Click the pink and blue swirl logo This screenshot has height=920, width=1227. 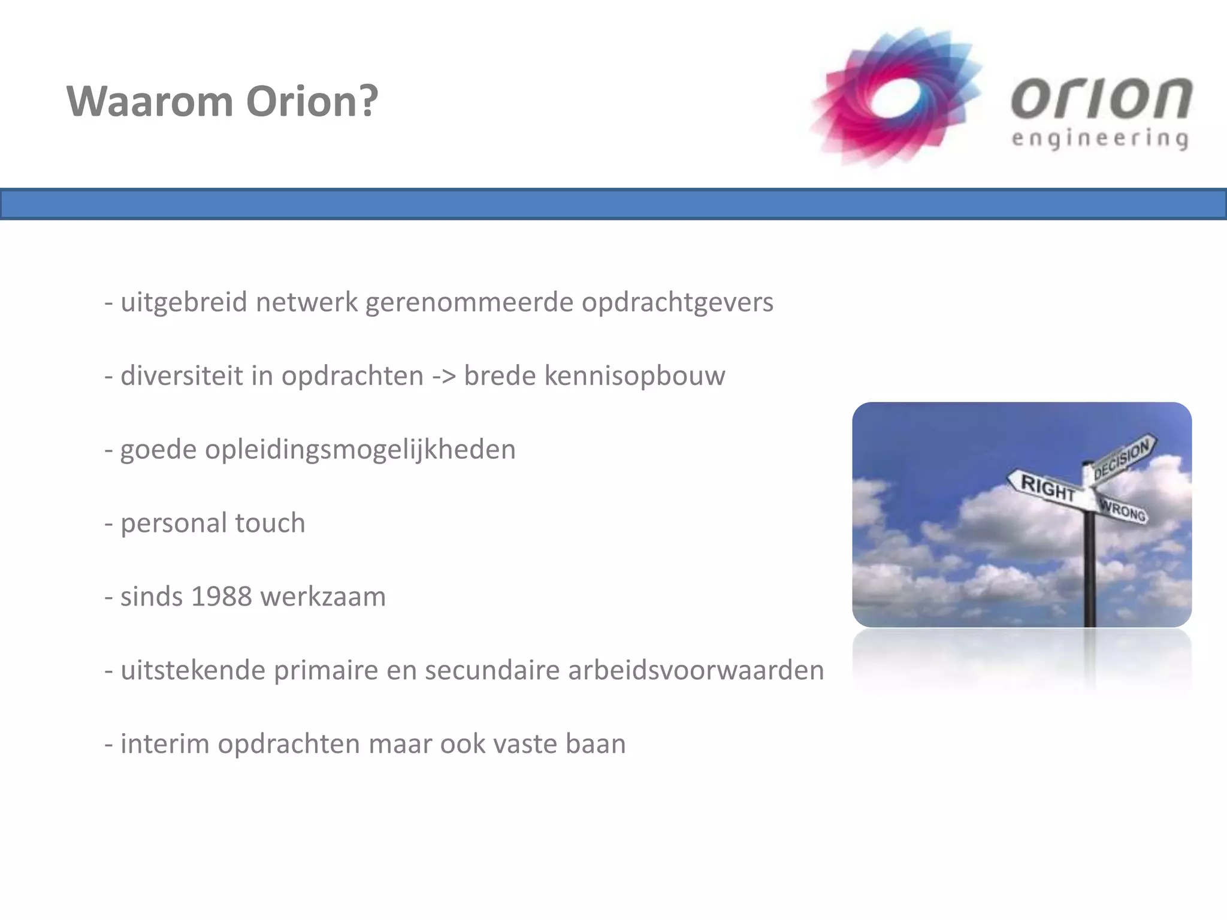click(x=896, y=97)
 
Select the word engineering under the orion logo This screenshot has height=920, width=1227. click(x=1100, y=139)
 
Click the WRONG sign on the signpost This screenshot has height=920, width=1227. click(x=1123, y=510)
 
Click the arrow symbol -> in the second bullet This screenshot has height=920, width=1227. click(x=444, y=376)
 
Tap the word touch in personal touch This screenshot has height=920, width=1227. click(x=270, y=523)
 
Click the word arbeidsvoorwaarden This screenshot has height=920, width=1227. click(x=696, y=670)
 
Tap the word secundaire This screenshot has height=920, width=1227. click(x=492, y=670)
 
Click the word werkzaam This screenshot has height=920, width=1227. click(x=324, y=597)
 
